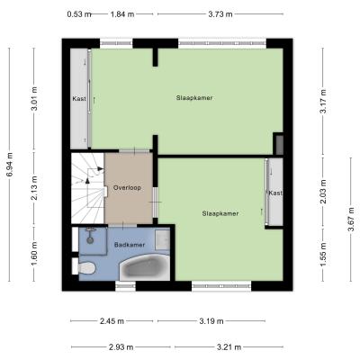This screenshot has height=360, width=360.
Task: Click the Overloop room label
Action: tap(127, 188)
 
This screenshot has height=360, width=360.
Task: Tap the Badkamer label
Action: tap(130, 245)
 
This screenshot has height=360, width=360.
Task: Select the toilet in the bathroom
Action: tap(86, 268)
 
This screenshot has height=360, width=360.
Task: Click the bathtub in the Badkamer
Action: tap(145, 267)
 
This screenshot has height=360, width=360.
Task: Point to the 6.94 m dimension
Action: tap(10, 164)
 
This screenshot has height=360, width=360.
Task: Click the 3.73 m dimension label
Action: tap(220, 14)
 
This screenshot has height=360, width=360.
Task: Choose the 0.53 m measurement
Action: tap(79, 14)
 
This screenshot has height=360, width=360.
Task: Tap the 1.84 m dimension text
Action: tap(122, 14)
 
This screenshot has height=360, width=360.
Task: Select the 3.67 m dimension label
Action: tap(351, 220)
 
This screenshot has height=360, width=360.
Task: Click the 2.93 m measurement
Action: tap(121, 347)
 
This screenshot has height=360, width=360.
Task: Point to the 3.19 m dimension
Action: tap(211, 321)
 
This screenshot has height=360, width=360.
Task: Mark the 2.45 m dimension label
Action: tap(112, 321)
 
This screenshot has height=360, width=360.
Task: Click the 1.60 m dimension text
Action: tap(34, 254)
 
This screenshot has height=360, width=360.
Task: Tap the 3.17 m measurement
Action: tap(323, 102)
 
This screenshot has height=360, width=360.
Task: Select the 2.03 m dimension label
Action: tap(323, 192)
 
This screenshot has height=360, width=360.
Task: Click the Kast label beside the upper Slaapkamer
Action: tap(79, 98)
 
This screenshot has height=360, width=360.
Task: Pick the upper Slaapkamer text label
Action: tap(194, 98)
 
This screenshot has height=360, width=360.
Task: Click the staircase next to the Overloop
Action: tap(87, 189)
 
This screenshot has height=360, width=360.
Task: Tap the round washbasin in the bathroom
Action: tap(90, 240)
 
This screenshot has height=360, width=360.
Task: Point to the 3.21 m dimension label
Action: tap(229, 347)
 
